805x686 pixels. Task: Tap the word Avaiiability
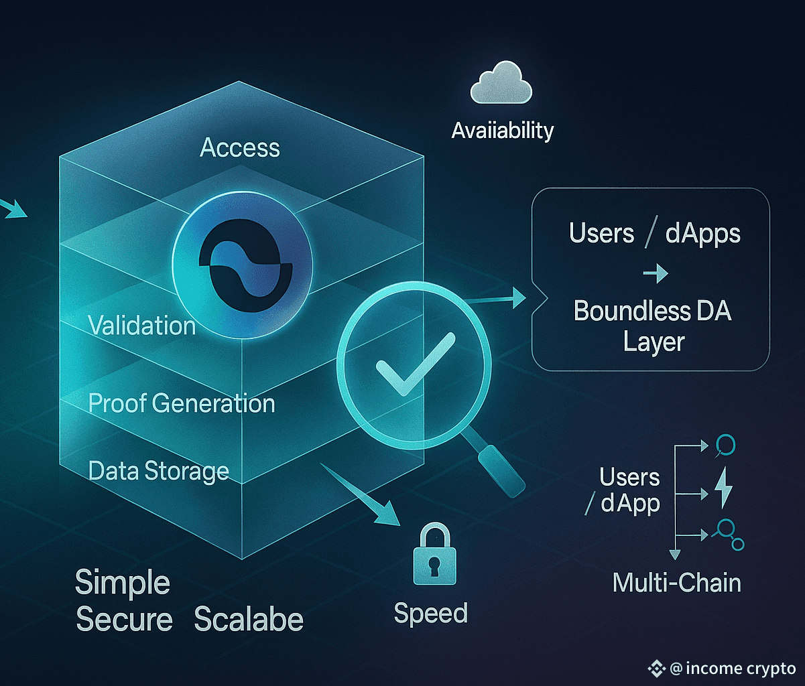(x=503, y=130)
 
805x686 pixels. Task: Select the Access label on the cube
(x=240, y=147)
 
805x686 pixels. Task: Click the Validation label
(x=142, y=326)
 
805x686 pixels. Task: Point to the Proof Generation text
(x=182, y=403)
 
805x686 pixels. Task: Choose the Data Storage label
(x=159, y=471)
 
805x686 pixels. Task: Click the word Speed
(x=430, y=613)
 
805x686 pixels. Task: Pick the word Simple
(x=123, y=583)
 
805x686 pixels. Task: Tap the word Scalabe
(x=249, y=620)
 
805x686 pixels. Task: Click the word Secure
(x=124, y=620)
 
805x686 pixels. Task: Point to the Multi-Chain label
(x=677, y=582)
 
